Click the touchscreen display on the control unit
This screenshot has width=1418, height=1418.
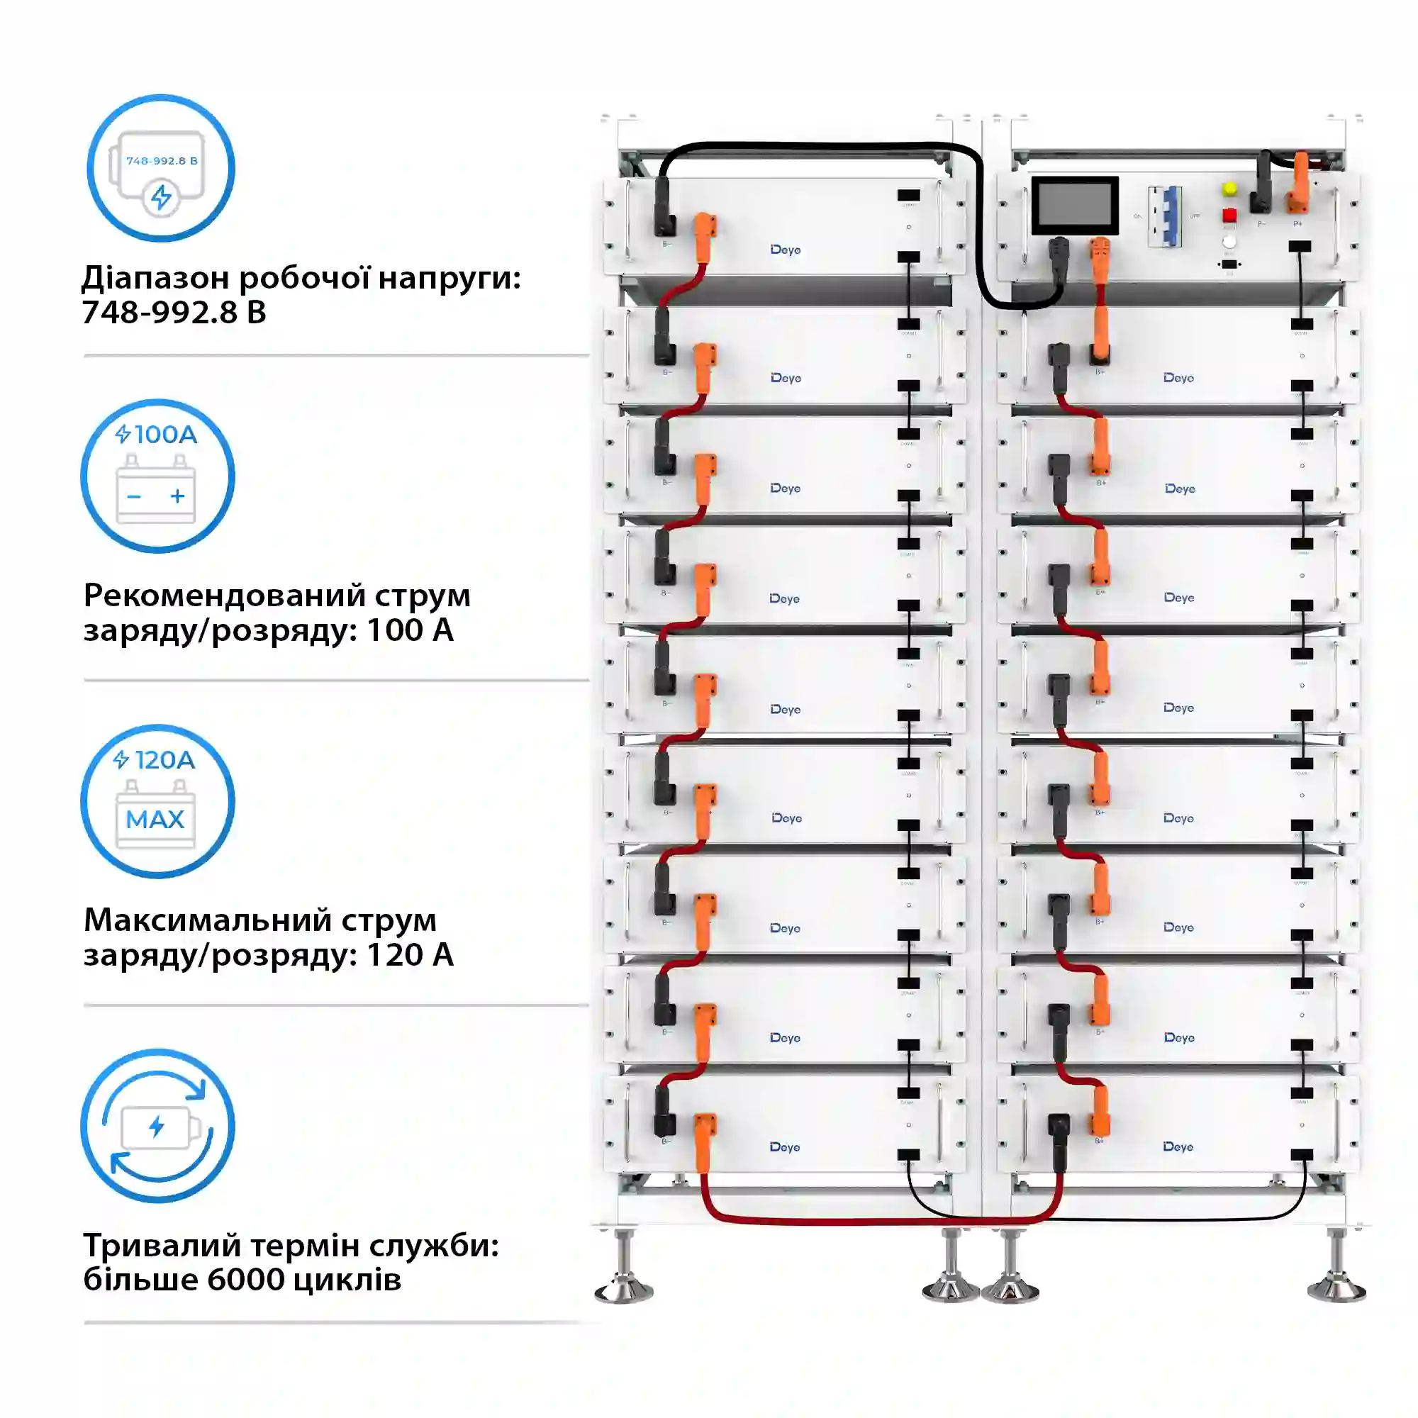(1075, 205)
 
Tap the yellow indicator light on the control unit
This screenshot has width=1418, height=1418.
(1230, 189)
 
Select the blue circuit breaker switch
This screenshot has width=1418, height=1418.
(1165, 216)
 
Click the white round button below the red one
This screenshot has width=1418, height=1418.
(1229, 242)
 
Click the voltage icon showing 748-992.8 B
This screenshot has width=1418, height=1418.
(161, 168)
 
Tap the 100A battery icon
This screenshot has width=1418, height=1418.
(157, 476)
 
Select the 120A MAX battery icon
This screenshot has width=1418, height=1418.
(157, 800)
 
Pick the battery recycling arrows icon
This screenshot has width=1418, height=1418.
(157, 1126)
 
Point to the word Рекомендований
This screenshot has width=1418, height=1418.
(224, 596)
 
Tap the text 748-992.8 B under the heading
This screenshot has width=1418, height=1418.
(174, 312)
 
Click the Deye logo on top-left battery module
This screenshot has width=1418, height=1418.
(786, 250)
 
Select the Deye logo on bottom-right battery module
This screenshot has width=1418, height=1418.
(1178, 1146)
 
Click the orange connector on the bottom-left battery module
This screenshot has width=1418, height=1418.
(704, 1134)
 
